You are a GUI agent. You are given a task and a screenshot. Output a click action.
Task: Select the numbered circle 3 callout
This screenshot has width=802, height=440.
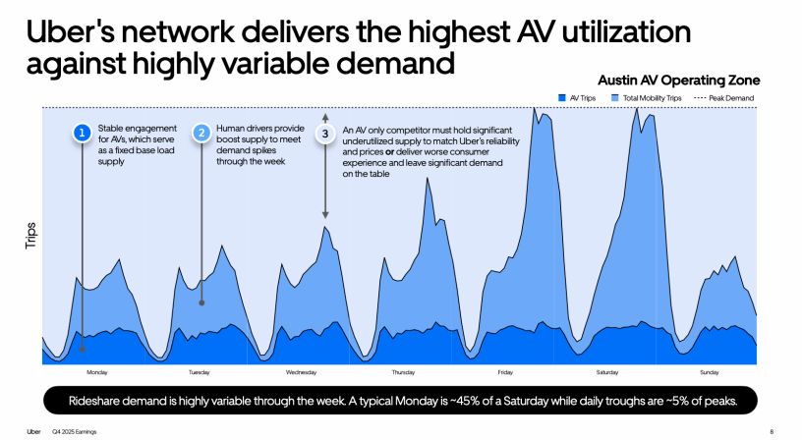point(325,133)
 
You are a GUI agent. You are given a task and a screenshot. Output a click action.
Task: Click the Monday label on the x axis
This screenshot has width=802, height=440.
point(97,372)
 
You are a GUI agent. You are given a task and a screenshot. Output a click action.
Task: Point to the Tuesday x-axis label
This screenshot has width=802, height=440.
point(200,372)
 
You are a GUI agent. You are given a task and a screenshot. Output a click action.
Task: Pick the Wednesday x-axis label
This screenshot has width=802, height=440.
point(301,372)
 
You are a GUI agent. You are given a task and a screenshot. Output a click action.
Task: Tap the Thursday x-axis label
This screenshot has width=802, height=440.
point(403,372)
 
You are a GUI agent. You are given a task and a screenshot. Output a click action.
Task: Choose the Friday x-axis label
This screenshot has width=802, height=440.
point(505,372)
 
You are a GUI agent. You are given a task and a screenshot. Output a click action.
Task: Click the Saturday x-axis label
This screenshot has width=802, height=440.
point(607,372)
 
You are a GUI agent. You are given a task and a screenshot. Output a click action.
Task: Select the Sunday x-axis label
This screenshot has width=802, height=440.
point(709,372)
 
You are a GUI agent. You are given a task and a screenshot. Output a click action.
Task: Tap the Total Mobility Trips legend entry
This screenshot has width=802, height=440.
point(646,98)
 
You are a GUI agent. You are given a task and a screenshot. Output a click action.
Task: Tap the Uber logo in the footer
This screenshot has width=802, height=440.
point(32,431)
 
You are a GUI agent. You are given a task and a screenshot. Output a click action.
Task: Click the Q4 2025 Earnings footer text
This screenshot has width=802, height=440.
point(74,431)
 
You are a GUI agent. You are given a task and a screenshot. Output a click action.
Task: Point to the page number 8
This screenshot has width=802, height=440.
point(772,431)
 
